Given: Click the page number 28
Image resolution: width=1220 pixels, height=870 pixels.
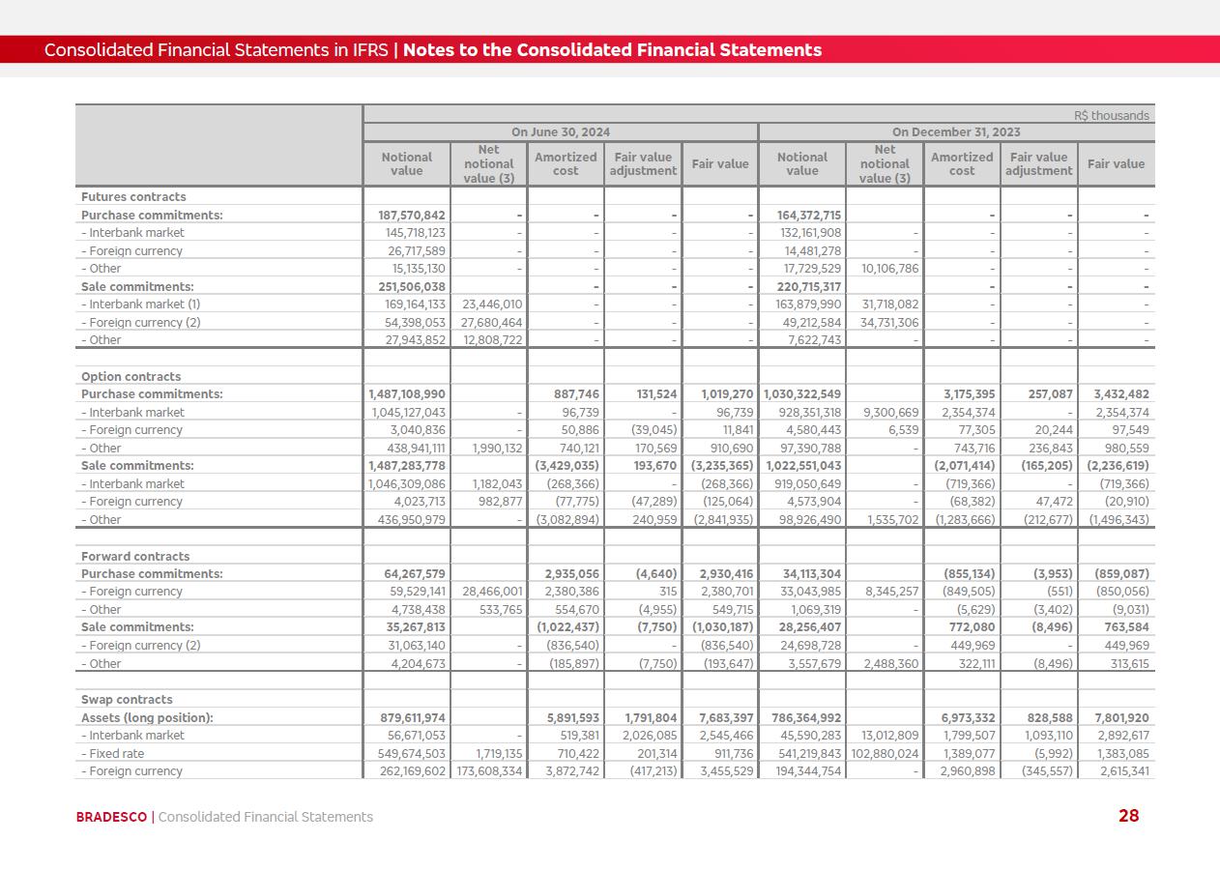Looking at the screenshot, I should tap(1128, 816).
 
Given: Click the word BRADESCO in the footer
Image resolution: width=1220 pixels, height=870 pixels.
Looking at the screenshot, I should tap(111, 817).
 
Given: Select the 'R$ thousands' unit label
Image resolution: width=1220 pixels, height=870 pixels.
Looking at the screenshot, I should tap(1111, 116).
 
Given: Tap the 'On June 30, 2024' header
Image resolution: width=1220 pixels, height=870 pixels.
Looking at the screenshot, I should tap(561, 132).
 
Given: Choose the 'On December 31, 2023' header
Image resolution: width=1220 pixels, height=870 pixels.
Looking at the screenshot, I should tap(956, 132).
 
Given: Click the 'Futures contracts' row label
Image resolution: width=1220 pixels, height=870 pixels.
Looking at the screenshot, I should tap(133, 197).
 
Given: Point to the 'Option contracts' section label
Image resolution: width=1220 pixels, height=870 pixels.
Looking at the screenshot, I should tap(131, 377).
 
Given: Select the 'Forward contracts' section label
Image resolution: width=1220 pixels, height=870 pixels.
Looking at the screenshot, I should tap(135, 557).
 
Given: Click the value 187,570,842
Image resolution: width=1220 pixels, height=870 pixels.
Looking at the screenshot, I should tap(407, 216).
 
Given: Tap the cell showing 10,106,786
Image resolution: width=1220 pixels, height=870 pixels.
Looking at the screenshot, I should tap(885, 269).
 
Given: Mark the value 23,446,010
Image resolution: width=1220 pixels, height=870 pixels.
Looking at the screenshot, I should tap(489, 304).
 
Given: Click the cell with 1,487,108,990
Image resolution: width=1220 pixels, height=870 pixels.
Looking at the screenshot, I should tap(407, 394).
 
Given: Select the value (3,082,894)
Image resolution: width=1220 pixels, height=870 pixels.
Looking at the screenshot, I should tap(567, 520).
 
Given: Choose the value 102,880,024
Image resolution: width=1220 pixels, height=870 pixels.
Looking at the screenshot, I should tap(885, 754).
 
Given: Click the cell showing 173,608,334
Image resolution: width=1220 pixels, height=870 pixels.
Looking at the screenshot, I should tap(489, 771).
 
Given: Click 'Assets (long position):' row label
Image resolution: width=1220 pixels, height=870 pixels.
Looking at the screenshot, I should tap(147, 718).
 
